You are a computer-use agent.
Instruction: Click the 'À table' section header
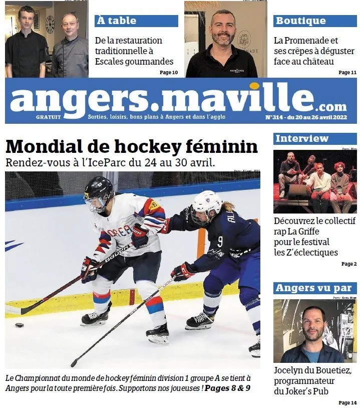point(116,21)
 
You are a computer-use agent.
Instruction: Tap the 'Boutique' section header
point(300,21)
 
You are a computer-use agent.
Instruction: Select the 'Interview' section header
point(302,138)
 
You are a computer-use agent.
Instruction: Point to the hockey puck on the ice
point(20,325)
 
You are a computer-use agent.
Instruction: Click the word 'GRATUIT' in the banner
point(49,117)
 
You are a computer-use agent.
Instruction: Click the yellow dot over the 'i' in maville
point(254,86)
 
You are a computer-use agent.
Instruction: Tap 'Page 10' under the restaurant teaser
point(169,73)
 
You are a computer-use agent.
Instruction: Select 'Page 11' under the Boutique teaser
point(347,73)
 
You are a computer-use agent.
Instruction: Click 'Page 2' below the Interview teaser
point(349,264)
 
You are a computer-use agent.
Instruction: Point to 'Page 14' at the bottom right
point(347,402)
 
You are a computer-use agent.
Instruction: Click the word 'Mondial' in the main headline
point(38,146)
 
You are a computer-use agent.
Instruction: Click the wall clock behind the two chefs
point(50,24)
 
